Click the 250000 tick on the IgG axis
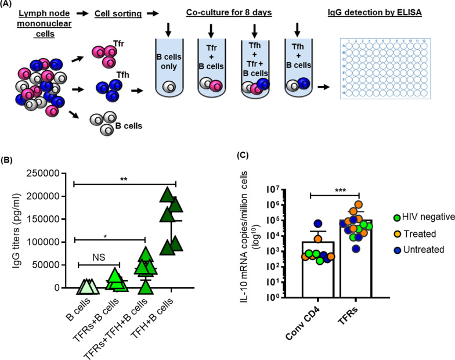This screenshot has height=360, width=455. (x=44, y=173)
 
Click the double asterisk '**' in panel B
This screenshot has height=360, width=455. (x=124, y=179)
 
